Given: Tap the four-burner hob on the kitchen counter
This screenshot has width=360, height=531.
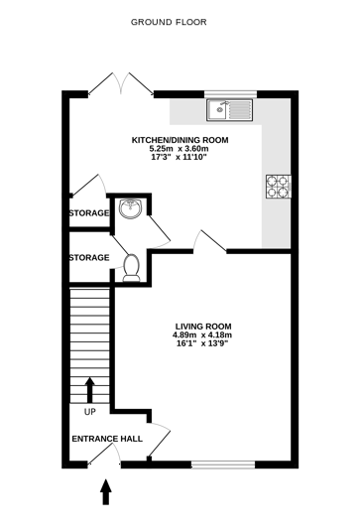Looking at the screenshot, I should point(277,185).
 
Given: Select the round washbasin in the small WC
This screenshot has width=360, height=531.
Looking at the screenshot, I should point(128,208).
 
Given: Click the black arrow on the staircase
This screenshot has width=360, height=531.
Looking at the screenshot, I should point(90,387).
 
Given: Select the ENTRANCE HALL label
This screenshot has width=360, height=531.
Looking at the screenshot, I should point(106,438).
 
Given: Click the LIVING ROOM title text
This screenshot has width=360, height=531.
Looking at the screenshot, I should point(202,325).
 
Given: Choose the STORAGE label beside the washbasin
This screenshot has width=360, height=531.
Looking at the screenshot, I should point(88,213).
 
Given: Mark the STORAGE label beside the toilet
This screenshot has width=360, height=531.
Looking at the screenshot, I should point(88,258).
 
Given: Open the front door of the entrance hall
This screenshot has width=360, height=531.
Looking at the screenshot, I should point(103,457).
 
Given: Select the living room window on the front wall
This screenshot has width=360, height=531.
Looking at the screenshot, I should point(224,464).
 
